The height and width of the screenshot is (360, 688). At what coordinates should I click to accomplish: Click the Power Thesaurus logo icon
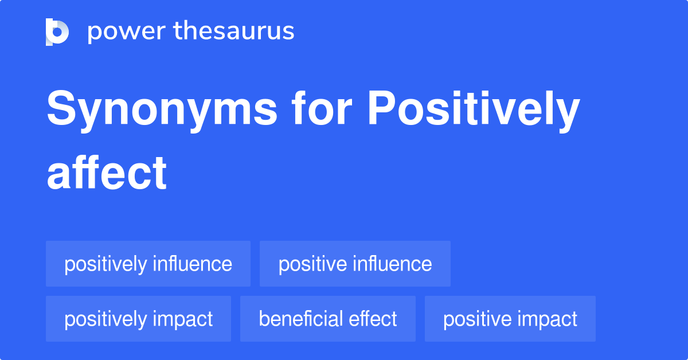point(57,32)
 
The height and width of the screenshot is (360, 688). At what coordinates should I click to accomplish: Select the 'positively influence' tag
point(148,264)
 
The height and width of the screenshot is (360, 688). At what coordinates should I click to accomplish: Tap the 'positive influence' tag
point(355,264)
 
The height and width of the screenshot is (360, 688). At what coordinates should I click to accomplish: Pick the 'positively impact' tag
point(138,319)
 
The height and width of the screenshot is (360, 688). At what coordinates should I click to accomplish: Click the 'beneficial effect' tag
point(327,319)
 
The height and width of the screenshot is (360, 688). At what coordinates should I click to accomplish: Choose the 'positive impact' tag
point(510,319)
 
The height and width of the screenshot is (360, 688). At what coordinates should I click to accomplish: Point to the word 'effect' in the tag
point(375,319)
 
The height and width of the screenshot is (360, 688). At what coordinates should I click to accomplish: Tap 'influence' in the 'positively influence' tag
point(192,264)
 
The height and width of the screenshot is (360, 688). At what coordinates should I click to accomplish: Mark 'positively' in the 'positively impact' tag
point(105,319)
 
